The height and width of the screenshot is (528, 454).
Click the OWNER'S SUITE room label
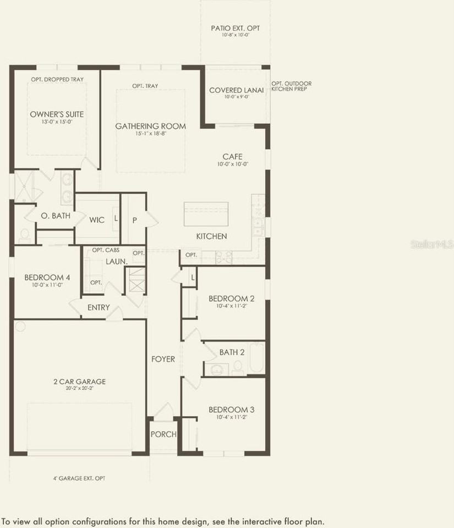click(x=57, y=114)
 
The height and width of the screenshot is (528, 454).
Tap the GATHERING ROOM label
click(x=150, y=127)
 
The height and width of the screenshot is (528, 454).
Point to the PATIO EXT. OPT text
click(x=235, y=28)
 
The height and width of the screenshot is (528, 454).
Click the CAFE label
click(x=232, y=157)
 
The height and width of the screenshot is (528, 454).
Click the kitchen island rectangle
click(x=206, y=214)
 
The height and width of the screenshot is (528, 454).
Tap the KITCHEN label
click(x=212, y=237)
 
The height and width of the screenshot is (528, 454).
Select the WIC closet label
click(x=97, y=220)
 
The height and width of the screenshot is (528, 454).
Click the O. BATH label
click(x=55, y=216)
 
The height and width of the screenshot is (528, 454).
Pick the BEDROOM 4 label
click(x=47, y=278)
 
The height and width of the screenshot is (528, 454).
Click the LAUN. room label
click(x=116, y=262)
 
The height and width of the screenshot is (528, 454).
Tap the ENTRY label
click(x=99, y=307)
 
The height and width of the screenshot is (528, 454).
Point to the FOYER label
click(x=163, y=359)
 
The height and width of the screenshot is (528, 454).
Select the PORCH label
click(x=163, y=434)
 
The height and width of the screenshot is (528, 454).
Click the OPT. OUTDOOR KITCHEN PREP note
click(x=291, y=86)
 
